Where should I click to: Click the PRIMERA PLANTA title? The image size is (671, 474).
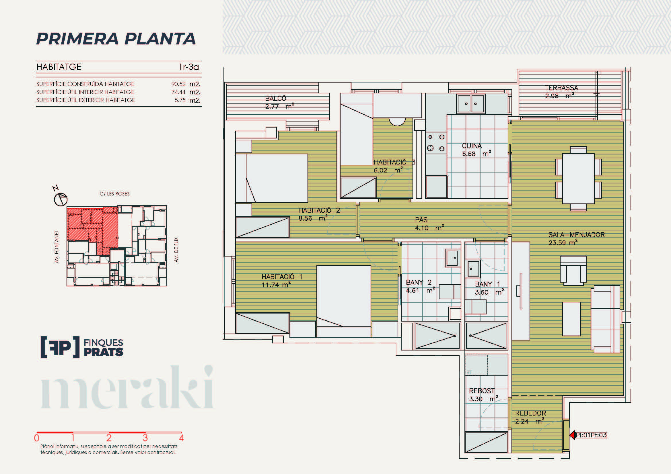tap(116, 39)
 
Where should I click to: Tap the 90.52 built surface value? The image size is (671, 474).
tap(178, 84)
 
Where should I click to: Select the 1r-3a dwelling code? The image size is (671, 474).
tap(189, 67)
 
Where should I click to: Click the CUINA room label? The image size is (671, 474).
tap(472, 146)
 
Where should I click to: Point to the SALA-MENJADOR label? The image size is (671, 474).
tap(576, 235)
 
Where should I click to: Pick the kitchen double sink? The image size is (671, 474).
tap(471, 104)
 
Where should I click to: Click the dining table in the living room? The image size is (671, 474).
tap(578, 178)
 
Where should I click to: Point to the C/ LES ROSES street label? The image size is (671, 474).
tap(114, 194)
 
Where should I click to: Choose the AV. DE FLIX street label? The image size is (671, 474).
tap(176, 250)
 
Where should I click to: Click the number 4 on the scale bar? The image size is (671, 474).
tap(181, 438)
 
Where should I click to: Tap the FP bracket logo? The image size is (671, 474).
tap(60, 347)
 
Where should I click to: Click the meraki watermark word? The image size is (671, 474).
tap(127, 387)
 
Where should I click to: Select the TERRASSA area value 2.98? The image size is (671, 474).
tap(552, 96)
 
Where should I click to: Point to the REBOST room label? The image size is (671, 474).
tap(482, 391)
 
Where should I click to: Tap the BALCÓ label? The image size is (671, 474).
tap(276, 98)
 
